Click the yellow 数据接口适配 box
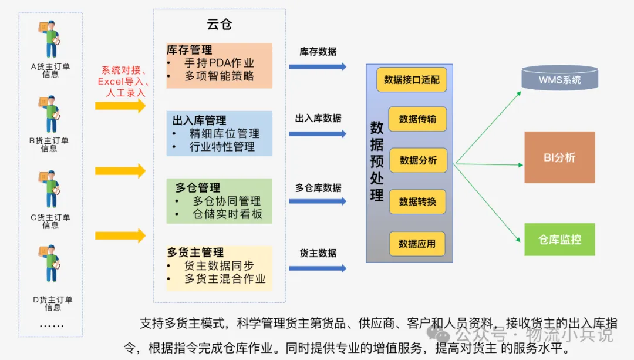coord(412,80)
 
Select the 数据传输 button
coord(418,119)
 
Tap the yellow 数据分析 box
coord(418,160)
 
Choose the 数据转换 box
coord(418,201)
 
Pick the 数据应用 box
coord(417,244)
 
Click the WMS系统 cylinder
coord(559,78)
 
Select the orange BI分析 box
coord(559,157)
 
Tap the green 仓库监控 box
coord(559,240)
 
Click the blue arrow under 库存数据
coord(318,67)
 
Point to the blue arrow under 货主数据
coord(318,268)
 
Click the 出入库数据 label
coord(318,119)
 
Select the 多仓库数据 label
coord(318,188)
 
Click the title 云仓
coord(219,24)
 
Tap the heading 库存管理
coord(189,50)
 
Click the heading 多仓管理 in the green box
coord(198,188)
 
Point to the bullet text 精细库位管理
coord(224,133)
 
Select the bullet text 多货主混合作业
coord(225,279)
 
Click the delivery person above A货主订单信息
coord(50,39)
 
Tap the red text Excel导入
coord(120,81)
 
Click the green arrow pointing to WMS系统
coord(488,127)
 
